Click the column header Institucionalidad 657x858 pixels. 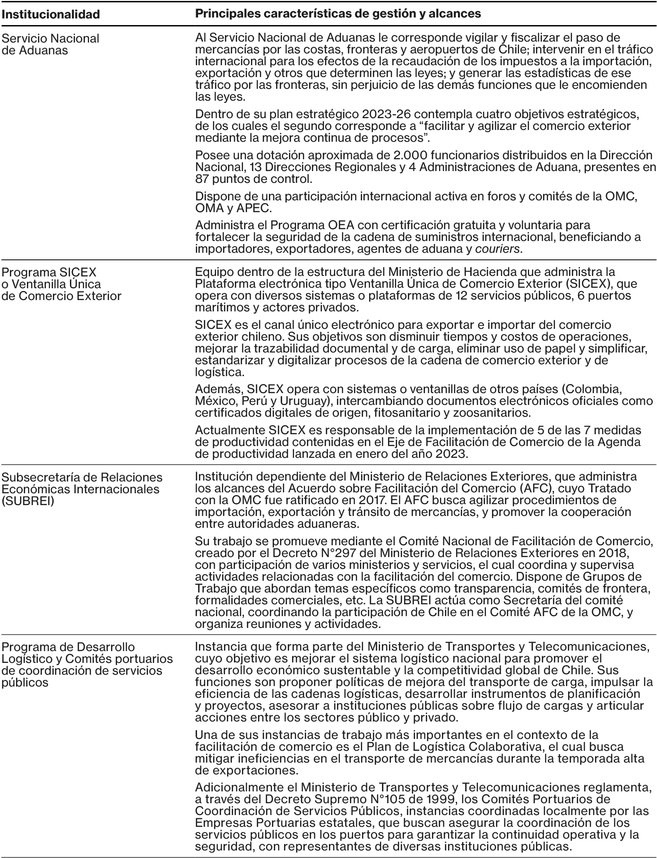51,14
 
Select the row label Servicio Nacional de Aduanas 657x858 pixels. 51,44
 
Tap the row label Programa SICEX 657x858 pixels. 49,272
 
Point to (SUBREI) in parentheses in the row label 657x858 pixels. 28,501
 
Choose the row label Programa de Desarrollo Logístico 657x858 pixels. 68,647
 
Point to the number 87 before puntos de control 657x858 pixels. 202,180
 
